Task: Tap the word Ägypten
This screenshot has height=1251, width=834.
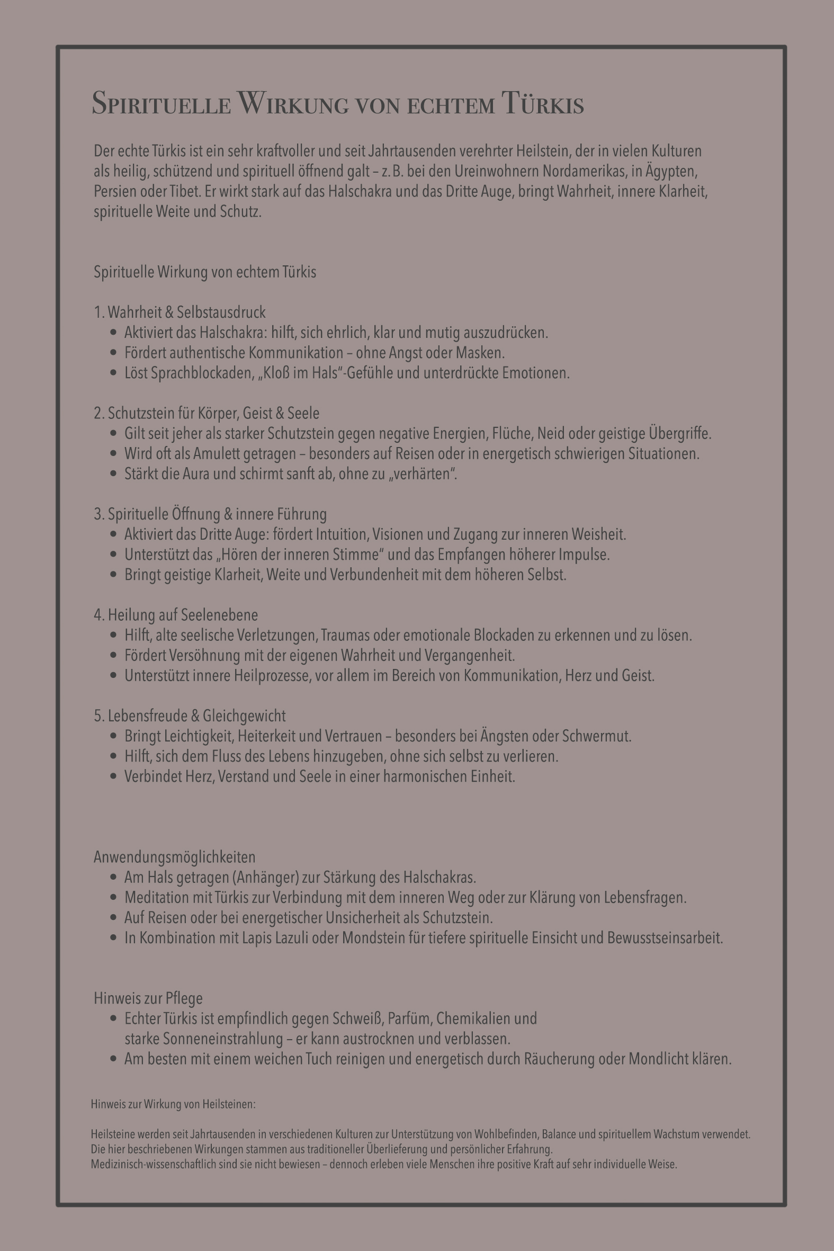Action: [x=672, y=171]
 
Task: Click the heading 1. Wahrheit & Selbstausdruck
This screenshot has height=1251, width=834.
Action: [x=180, y=312]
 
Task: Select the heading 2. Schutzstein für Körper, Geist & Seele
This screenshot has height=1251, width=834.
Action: [x=207, y=413]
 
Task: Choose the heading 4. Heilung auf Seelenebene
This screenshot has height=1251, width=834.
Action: [x=175, y=615]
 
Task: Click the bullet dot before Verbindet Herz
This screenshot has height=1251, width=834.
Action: [x=113, y=776]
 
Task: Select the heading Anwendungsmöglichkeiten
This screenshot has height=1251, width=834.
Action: [x=174, y=857]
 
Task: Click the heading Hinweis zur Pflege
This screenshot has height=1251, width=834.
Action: [x=148, y=998]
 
